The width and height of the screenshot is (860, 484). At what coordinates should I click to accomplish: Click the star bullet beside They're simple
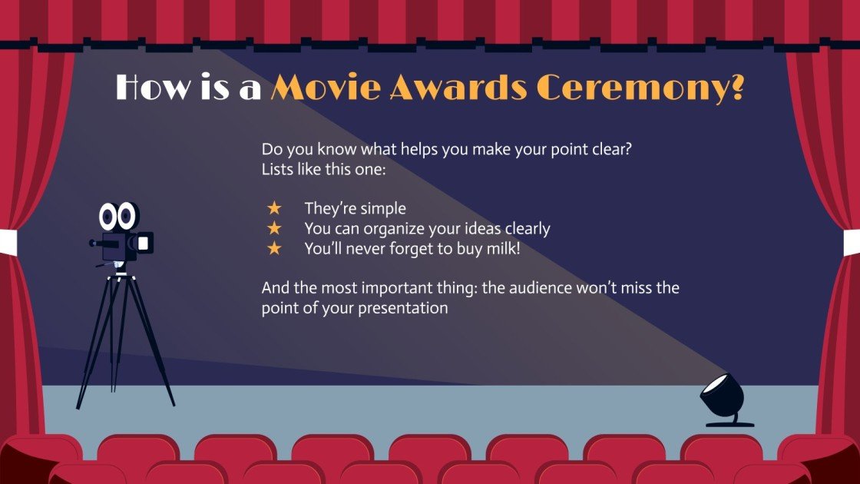273,208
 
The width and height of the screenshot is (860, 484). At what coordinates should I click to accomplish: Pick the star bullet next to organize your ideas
273,228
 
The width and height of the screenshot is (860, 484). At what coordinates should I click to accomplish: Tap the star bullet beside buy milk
273,248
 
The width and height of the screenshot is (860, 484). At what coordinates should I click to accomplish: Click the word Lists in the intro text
278,169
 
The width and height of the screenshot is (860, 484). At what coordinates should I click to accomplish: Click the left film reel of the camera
108,217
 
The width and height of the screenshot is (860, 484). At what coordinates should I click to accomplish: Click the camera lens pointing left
94,244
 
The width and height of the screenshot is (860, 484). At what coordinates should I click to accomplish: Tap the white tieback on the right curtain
852,241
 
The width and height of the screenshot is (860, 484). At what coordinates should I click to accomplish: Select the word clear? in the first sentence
611,149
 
